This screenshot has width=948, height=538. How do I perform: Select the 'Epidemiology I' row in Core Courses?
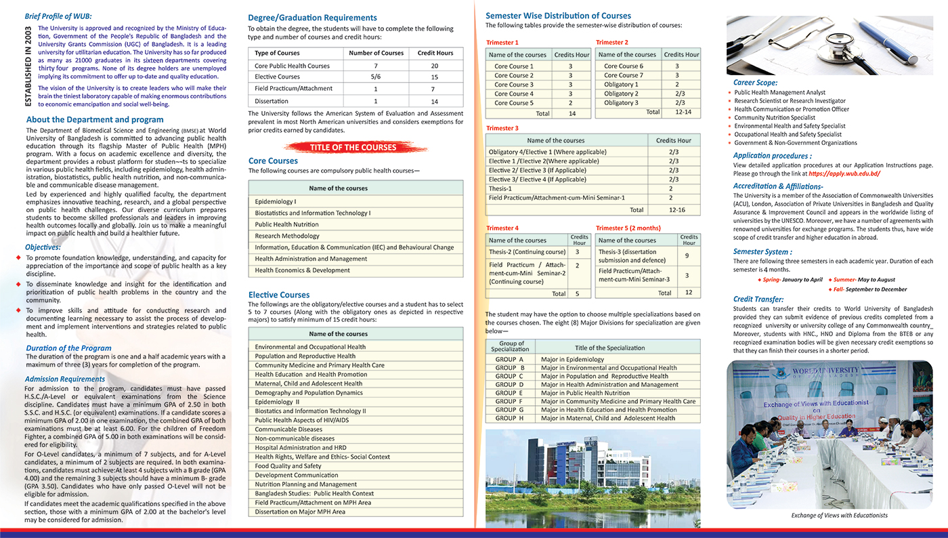pyautogui.click(x=276, y=202)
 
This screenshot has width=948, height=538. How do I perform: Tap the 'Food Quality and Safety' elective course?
pyautogui.click(x=288, y=466)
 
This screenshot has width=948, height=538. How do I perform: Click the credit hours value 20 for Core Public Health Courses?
pyautogui.click(x=434, y=66)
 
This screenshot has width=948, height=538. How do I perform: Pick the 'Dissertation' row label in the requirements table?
pyautogui.click(x=272, y=101)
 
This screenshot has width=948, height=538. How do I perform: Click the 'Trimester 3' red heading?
pyautogui.click(x=502, y=128)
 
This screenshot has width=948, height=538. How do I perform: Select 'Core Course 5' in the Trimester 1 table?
pyautogui.click(x=514, y=103)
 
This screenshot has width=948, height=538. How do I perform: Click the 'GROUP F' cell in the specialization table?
pyautogui.click(x=509, y=401)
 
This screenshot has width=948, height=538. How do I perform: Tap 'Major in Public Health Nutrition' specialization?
pyautogui.click(x=585, y=393)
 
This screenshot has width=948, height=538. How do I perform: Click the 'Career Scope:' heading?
pyautogui.click(x=755, y=83)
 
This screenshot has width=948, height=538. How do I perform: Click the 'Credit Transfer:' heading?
pyautogui.click(x=758, y=299)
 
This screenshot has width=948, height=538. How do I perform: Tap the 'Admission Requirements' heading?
pyautogui.click(x=65, y=379)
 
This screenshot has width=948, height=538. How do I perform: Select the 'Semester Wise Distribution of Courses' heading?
pyautogui.click(x=558, y=16)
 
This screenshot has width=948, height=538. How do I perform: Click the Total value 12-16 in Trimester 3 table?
pyautogui.click(x=676, y=210)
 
